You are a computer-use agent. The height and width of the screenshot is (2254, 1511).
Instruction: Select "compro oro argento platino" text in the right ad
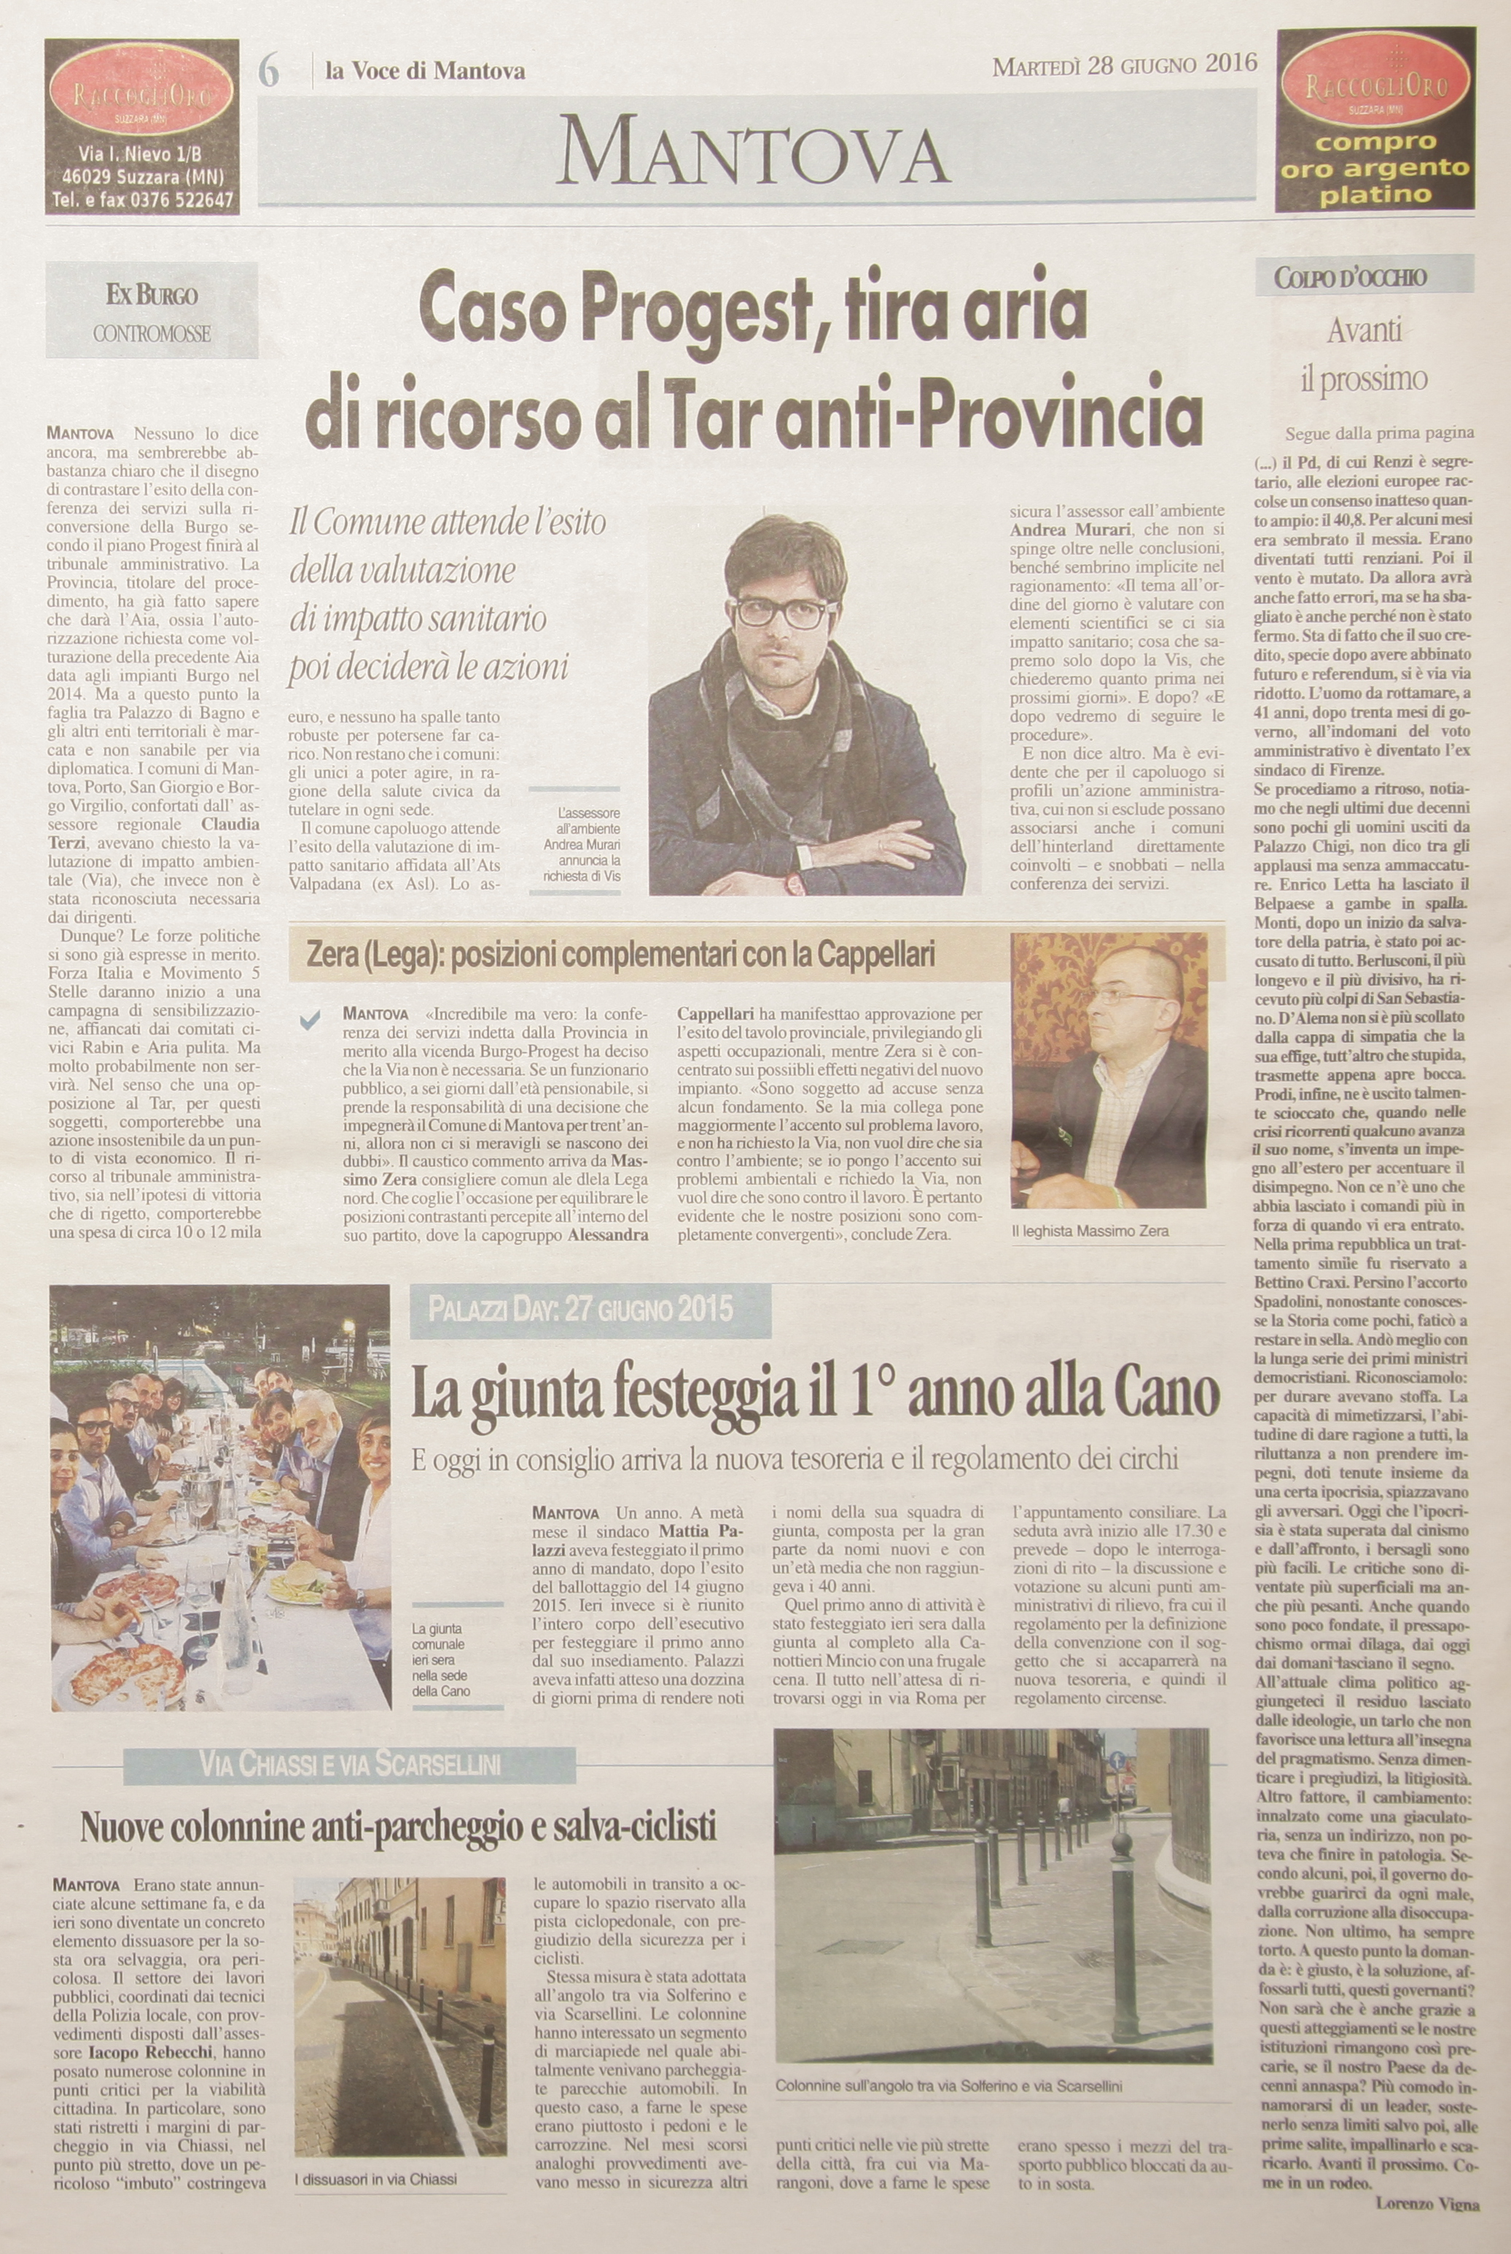1375,168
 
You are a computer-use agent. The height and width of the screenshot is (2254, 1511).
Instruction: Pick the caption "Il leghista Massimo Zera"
1090,1231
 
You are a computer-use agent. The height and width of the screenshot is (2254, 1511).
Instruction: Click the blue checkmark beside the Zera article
311,1022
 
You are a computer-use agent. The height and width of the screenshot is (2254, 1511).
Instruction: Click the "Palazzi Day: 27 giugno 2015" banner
580,1309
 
